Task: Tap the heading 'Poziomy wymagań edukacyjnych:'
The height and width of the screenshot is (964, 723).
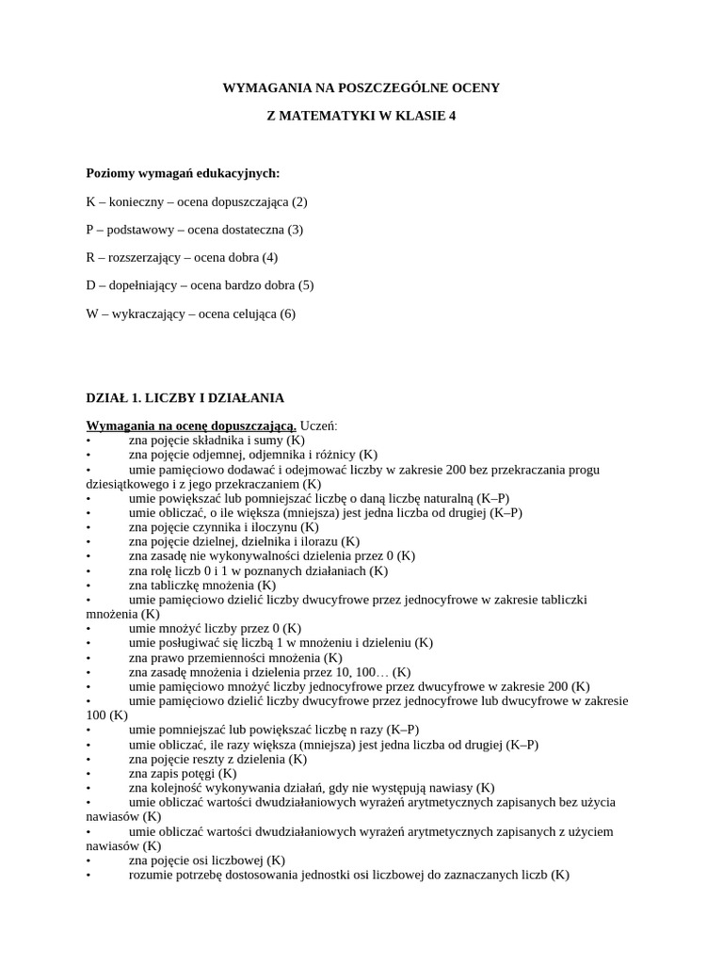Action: (x=183, y=173)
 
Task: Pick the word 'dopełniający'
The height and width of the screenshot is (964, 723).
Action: (x=141, y=285)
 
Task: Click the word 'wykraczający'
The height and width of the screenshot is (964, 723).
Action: (x=146, y=313)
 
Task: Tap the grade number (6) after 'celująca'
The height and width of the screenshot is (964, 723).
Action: (x=287, y=313)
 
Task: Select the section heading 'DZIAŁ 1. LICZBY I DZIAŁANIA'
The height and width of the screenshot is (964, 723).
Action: (x=185, y=398)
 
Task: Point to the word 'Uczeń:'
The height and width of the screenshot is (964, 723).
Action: (x=319, y=426)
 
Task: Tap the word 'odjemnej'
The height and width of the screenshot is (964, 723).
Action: (x=209, y=455)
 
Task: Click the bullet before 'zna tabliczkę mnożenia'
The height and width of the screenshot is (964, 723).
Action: (x=88, y=585)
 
